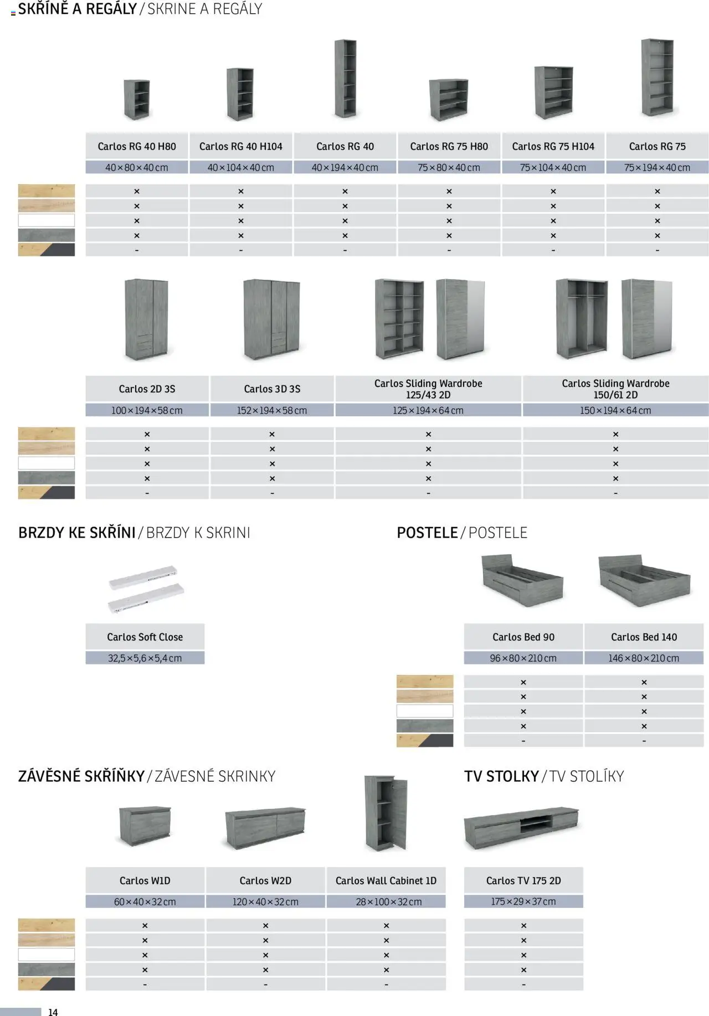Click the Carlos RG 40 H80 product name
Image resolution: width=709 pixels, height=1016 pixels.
pos(137,146)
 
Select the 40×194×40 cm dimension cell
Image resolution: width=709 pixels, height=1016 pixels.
pos(345,167)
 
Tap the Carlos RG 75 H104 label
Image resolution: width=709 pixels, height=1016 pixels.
pos(553,146)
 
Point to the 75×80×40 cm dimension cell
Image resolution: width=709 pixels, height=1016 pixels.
pos(449,167)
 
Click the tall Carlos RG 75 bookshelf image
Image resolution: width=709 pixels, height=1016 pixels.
pos(657,78)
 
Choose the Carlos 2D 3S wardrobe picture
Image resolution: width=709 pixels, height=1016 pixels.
pos(146,319)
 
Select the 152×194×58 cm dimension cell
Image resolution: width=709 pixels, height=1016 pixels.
pos(272,410)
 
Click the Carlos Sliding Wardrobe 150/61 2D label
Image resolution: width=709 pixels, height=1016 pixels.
pos(615,389)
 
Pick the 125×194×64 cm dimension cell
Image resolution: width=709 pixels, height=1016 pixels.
pos(428,410)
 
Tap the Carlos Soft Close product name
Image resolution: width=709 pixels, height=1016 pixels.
pos(145,637)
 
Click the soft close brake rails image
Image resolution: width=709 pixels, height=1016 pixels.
pos(146,589)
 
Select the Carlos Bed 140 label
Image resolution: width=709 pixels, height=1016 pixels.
pos(644,637)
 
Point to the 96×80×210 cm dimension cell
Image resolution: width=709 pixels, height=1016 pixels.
pos(523,658)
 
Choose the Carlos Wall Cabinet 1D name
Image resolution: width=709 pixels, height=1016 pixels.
pos(386,880)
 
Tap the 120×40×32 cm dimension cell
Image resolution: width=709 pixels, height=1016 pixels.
pos(265,901)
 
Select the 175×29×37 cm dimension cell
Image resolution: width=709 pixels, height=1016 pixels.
pos(523,901)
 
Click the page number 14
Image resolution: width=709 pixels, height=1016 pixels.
pos(53,1012)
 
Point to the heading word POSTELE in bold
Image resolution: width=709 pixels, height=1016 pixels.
pos(427,533)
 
